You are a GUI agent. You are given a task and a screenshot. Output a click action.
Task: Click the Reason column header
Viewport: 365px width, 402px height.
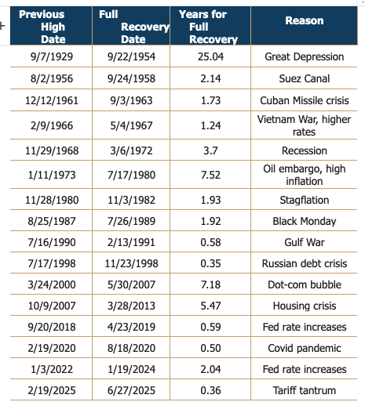305,20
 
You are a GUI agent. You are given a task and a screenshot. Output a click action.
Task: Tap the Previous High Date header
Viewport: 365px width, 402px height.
42,27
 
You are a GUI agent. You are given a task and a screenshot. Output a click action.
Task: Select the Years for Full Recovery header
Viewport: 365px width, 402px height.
208,27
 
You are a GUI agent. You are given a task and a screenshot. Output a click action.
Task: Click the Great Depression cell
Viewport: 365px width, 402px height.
305,56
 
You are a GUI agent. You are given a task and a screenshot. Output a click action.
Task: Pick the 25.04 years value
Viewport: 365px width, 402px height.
210,56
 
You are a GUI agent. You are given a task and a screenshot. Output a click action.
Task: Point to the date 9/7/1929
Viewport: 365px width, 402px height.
52,56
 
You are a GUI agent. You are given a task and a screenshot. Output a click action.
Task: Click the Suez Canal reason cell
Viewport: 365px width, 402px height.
305,78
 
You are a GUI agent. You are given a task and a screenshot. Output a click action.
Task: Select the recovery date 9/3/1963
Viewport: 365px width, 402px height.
131,100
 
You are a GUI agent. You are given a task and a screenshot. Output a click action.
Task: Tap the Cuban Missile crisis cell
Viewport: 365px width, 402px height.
305,100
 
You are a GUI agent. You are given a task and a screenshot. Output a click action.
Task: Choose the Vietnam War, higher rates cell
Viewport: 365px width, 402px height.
304,125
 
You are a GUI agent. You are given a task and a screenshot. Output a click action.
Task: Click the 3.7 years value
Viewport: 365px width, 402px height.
210,150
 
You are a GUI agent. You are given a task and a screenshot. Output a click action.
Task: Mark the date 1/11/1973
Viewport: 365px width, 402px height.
52,175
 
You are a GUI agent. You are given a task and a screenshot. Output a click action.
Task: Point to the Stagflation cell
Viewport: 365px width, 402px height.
305,200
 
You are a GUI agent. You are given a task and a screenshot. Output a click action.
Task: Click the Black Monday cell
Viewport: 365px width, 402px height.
305,221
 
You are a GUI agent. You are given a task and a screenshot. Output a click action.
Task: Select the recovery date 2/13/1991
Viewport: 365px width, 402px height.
131,242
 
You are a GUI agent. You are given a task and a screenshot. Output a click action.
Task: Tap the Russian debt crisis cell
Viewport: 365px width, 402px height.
305,263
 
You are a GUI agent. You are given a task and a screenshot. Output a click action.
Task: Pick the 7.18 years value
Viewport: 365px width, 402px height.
210,284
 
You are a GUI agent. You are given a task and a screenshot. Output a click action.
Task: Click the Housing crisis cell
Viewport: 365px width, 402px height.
305,306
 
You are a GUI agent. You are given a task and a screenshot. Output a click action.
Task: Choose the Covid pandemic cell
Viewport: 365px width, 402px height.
305,348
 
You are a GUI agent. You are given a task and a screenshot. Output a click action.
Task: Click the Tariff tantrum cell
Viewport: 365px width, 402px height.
305,390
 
